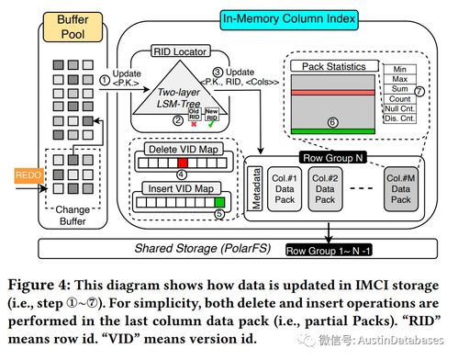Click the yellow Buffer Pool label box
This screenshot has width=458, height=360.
[x=73, y=27]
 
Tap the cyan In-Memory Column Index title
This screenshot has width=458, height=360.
[x=289, y=19]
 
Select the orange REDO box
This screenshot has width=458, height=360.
[x=29, y=175]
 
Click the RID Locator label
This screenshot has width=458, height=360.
[x=180, y=51]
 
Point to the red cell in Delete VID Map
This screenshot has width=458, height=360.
[x=183, y=163]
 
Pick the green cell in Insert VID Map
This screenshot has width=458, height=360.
[x=219, y=202]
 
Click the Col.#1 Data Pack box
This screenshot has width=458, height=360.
[x=285, y=189]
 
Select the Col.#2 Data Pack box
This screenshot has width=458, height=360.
[x=325, y=189]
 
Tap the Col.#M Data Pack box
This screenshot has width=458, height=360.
[x=401, y=189]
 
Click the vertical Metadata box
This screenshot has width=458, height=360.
[x=255, y=188]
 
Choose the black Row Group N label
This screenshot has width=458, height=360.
[x=332, y=158]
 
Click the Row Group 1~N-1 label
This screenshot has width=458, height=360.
[x=329, y=251]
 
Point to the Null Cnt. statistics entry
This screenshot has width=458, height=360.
[x=399, y=108]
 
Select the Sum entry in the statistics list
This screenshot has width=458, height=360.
[x=399, y=89]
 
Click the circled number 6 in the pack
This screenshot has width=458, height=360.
[x=333, y=122]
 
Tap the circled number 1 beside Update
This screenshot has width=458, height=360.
[x=105, y=80]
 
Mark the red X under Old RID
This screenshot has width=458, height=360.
[x=194, y=124]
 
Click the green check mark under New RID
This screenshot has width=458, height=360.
[x=211, y=124]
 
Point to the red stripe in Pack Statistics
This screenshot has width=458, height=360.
[x=333, y=92]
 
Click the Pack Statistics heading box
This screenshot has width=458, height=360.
[x=334, y=66]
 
